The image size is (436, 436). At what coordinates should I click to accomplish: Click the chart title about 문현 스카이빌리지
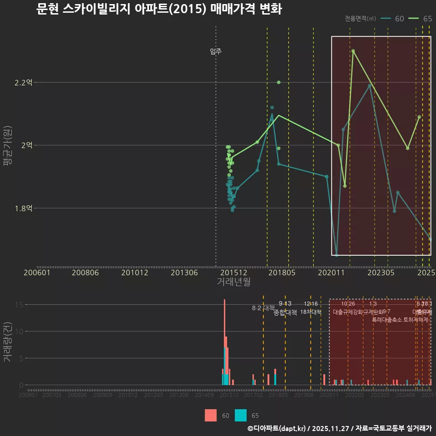click(159, 9)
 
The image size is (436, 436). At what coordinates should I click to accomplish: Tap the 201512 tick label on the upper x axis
click(233, 272)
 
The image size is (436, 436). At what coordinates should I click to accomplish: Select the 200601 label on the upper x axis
click(37, 272)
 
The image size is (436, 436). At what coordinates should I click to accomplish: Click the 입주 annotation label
click(216, 51)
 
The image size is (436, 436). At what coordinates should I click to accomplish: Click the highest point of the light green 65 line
click(353, 51)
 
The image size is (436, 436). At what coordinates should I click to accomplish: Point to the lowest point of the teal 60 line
click(337, 255)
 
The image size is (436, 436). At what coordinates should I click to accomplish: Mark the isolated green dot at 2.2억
click(278, 82)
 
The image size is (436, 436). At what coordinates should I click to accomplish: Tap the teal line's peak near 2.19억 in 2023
click(370, 85)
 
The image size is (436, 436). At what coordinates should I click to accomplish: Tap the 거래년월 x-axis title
click(233, 282)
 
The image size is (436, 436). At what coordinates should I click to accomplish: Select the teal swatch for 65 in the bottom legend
click(241, 415)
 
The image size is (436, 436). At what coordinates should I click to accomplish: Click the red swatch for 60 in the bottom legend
click(211, 415)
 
